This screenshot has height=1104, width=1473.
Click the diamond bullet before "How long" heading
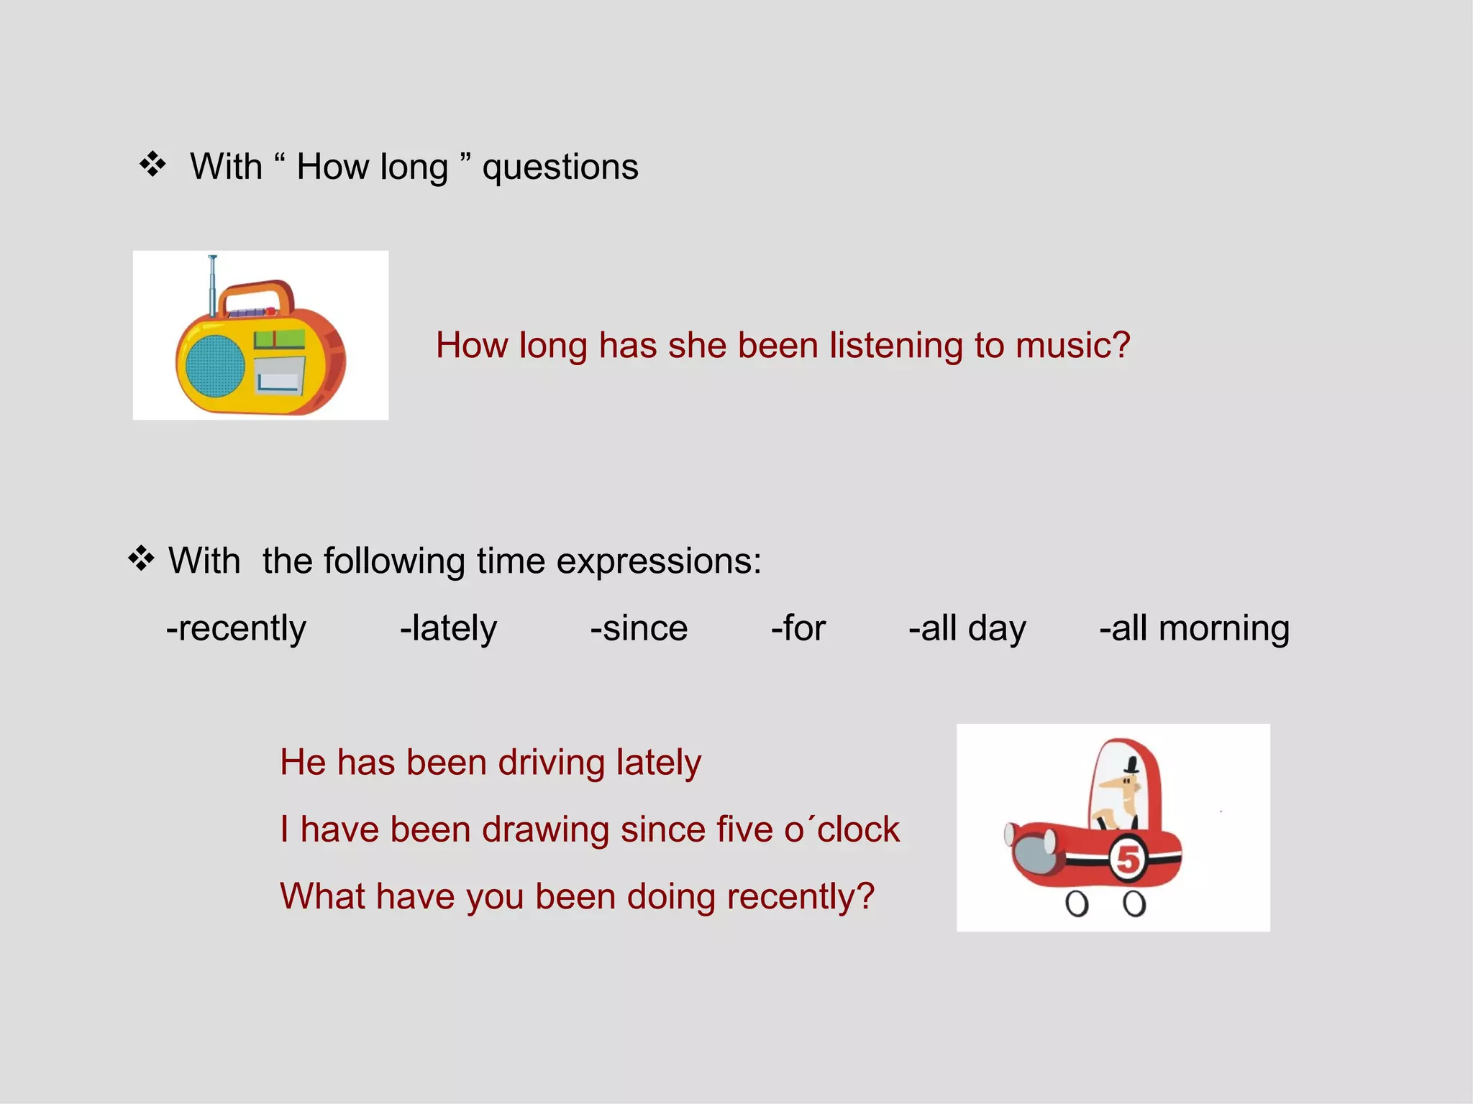coord(152,165)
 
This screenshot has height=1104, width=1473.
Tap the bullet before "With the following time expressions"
coord(141,558)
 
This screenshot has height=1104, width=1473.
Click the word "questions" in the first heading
coord(560,167)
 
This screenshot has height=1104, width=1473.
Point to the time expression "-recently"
coord(236,629)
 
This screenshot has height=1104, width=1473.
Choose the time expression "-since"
coord(639,629)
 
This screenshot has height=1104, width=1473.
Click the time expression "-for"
coord(798,629)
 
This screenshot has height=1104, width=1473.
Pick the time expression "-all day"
coord(967,629)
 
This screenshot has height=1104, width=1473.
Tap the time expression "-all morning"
coord(1194,629)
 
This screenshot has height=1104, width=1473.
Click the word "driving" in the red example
coord(552,763)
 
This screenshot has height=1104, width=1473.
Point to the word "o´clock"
coord(842,830)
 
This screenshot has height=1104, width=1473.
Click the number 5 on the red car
coord(1128,860)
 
